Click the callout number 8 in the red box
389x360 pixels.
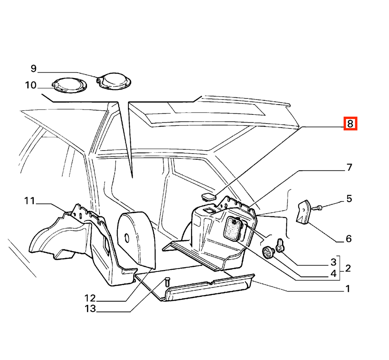click(x=350, y=124)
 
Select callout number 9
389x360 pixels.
click(x=33, y=68)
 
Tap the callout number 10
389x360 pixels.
click(x=31, y=85)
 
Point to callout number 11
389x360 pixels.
click(x=30, y=201)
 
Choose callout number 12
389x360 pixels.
click(x=90, y=298)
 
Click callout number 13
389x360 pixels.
click(x=90, y=309)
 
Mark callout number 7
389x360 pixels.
click(x=349, y=167)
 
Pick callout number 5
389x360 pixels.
click(x=349, y=198)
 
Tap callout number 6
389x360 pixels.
click(x=349, y=239)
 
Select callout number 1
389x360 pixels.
click(x=348, y=289)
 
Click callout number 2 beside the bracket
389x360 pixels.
click(x=348, y=268)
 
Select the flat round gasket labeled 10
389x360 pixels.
click(x=70, y=86)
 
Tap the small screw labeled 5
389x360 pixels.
click(x=317, y=208)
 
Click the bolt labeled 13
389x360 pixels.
click(x=167, y=282)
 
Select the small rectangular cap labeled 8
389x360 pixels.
click(x=209, y=197)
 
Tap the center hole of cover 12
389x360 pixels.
click(x=127, y=239)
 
